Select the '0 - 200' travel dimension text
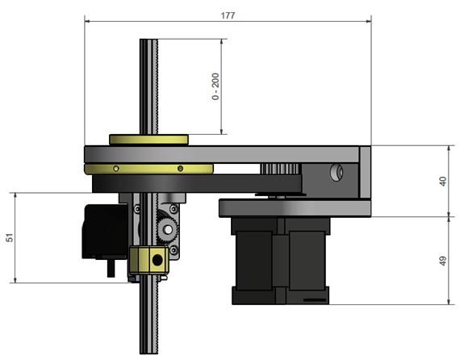pyautogui.click(x=215, y=86)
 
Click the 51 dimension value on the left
pyautogui.click(x=10, y=238)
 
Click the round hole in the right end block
pyautogui.click(x=337, y=172)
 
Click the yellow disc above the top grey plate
pyautogui.click(x=148, y=139)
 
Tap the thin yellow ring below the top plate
pyautogui.click(x=148, y=169)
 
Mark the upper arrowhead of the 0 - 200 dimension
pyautogui.click(x=220, y=41)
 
